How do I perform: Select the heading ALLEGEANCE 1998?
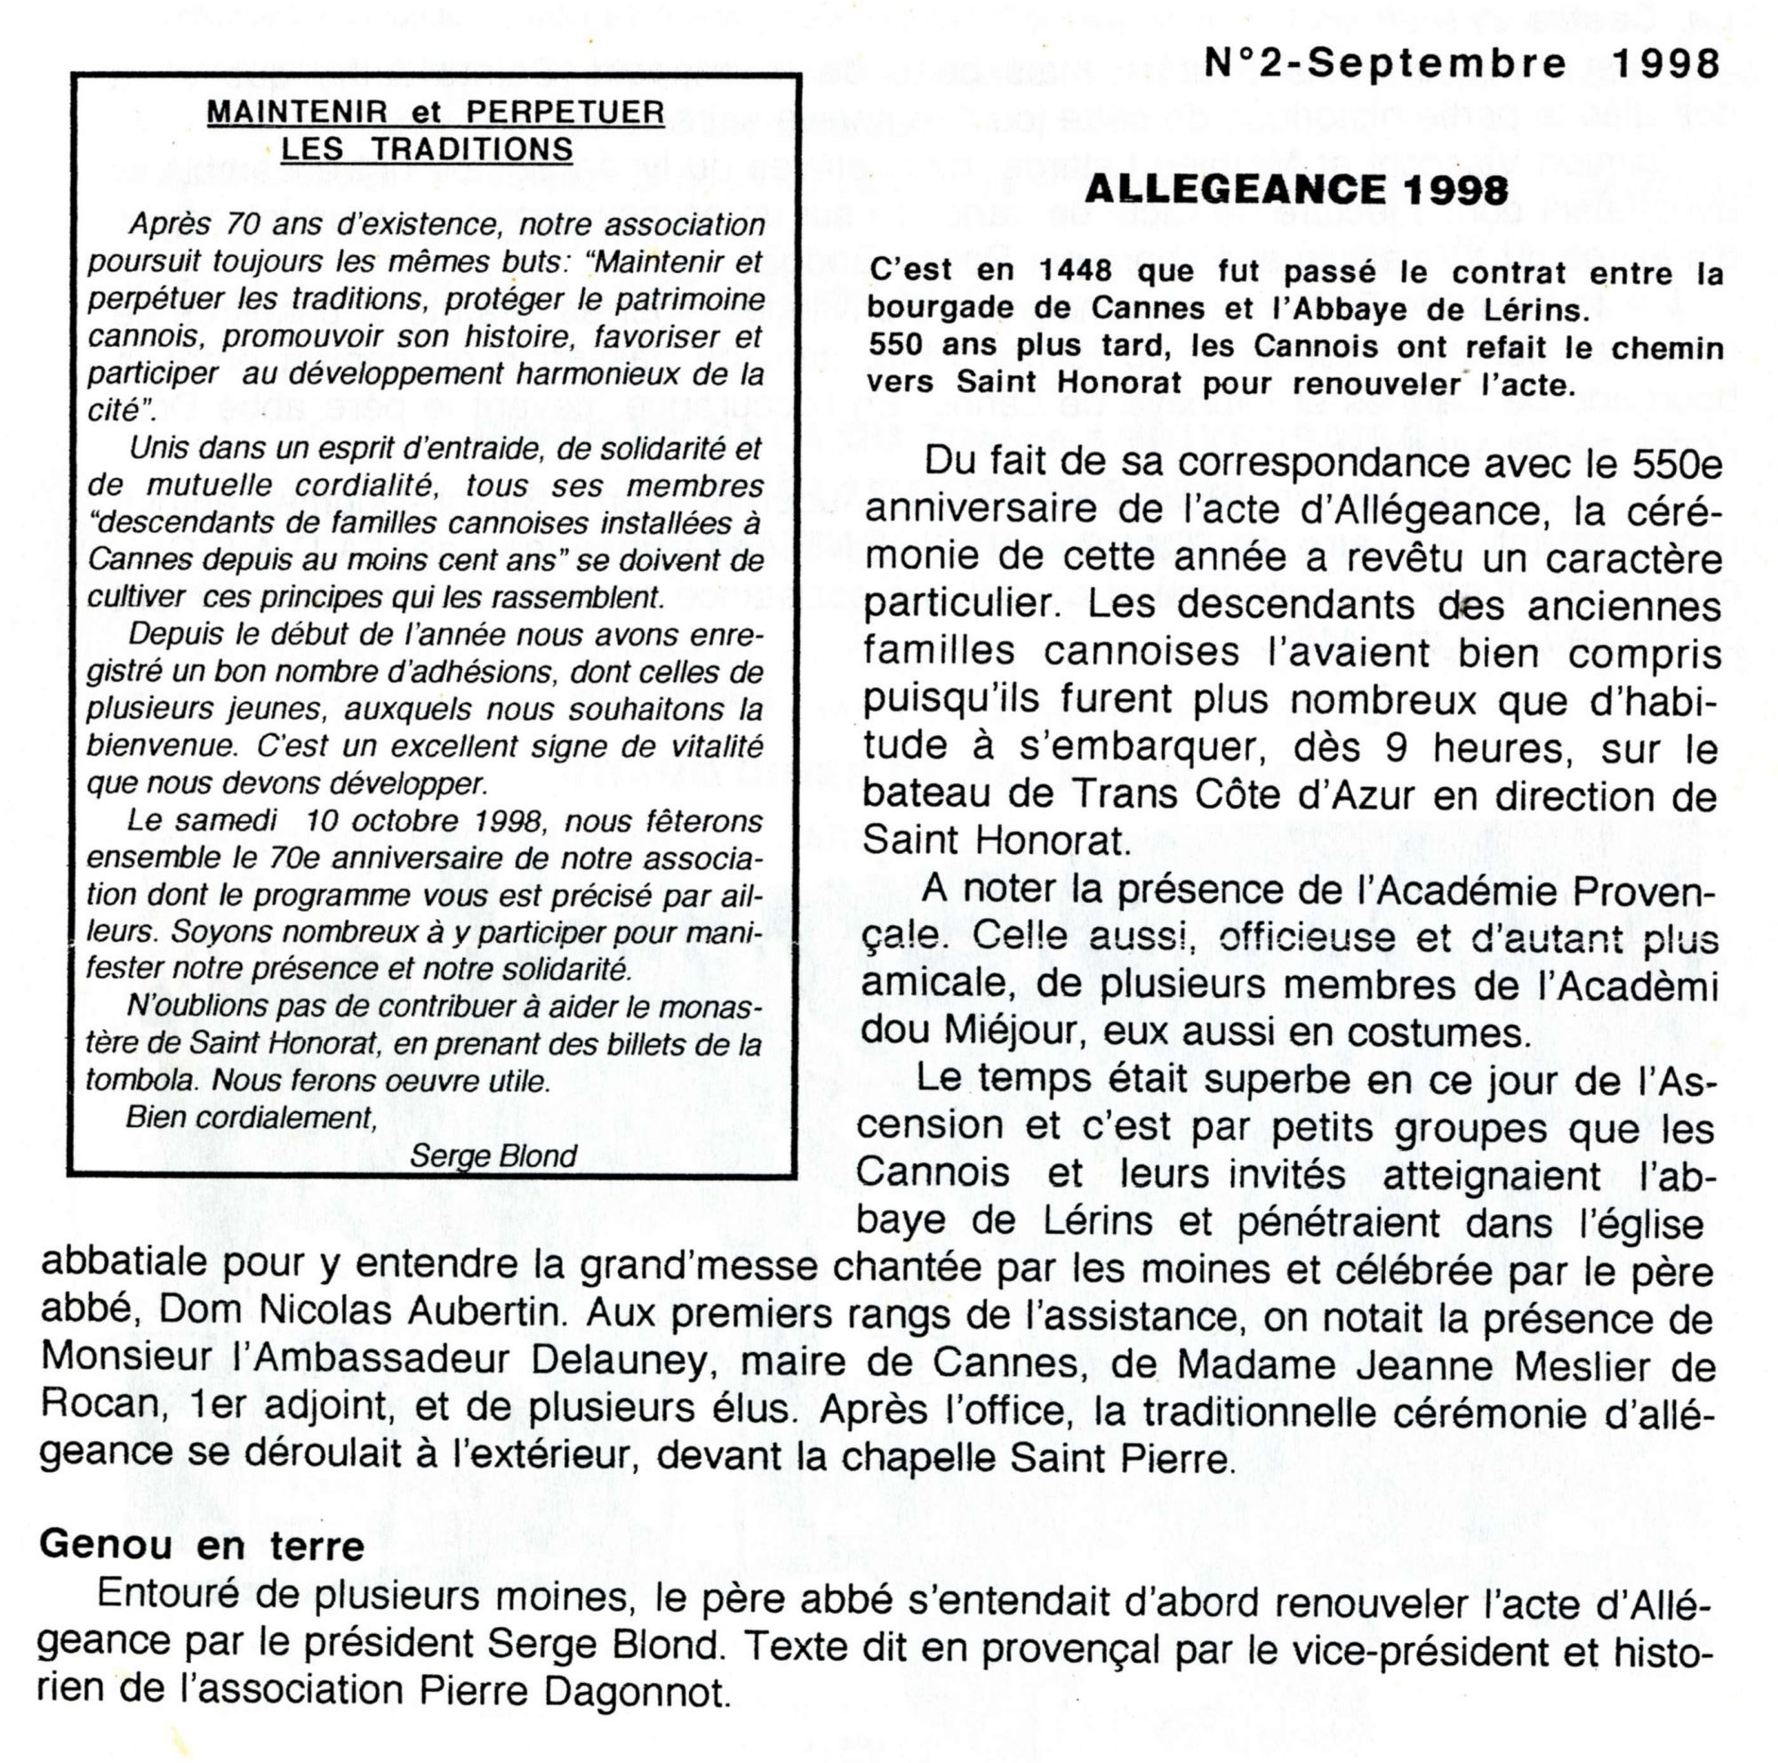pyautogui.click(x=1296, y=190)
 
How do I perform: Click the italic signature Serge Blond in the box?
pyautogui.click(x=493, y=1156)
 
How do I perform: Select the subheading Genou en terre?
pyautogui.click(x=202, y=1544)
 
